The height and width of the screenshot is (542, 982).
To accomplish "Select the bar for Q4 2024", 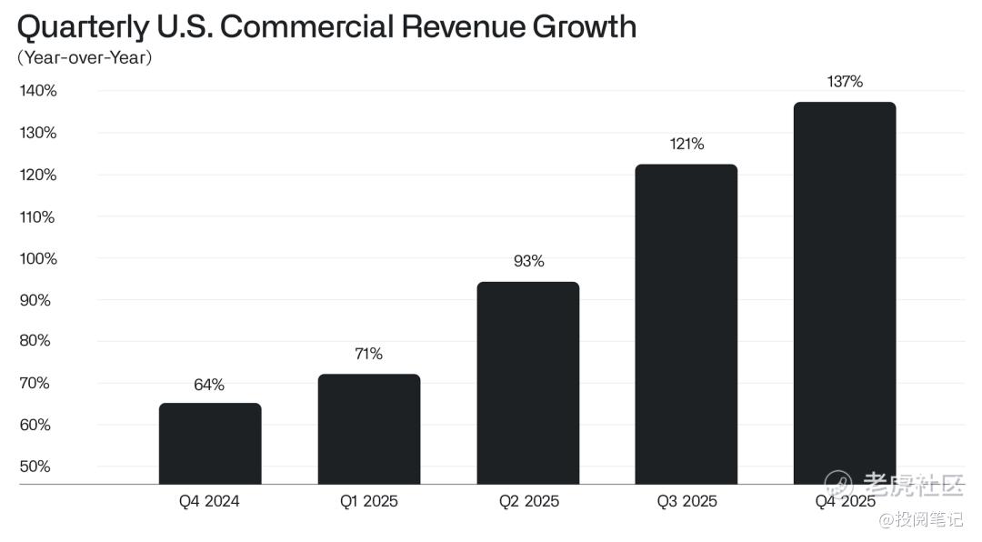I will click(x=210, y=444).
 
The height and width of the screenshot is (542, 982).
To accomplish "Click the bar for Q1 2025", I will click(x=369, y=429).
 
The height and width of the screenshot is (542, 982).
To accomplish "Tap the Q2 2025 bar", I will click(x=528, y=383).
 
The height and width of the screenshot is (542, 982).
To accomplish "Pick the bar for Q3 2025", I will click(x=686, y=325).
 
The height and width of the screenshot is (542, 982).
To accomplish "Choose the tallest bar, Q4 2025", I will click(x=845, y=293).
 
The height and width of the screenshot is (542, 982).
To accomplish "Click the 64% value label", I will click(x=209, y=385).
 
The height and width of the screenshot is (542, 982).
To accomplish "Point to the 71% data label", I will click(x=369, y=354).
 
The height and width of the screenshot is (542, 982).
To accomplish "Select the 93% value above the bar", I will click(x=528, y=262).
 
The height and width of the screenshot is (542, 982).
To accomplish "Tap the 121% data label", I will click(x=686, y=144).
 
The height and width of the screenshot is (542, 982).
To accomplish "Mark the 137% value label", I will click(x=845, y=82).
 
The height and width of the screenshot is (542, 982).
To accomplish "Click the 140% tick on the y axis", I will click(x=38, y=91).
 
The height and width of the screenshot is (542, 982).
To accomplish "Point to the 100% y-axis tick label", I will click(x=38, y=258).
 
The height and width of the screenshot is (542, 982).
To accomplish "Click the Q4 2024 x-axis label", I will click(x=209, y=501).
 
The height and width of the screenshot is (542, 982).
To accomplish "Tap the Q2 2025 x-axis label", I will click(x=528, y=501).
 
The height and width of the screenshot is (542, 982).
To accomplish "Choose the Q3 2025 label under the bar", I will click(x=686, y=501).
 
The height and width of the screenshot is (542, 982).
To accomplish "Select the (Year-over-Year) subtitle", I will click(x=85, y=58).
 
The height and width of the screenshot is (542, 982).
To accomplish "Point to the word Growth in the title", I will click(x=584, y=26).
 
